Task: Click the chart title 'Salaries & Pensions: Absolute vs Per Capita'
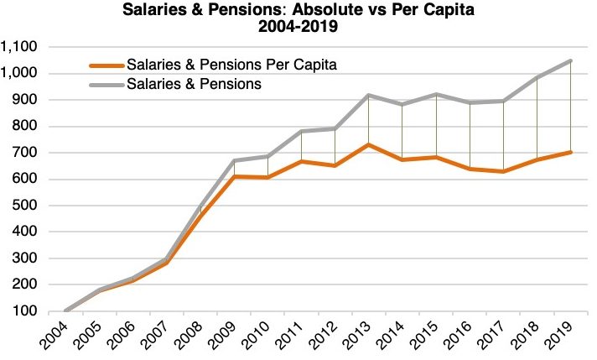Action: click(298, 11)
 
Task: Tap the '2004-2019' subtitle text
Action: click(298, 28)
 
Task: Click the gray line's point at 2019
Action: click(571, 60)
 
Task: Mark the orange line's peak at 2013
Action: click(369, 144)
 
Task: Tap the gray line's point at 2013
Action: click(369, 95)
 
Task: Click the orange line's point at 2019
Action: click(571, 152)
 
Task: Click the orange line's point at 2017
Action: click(504, 171)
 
